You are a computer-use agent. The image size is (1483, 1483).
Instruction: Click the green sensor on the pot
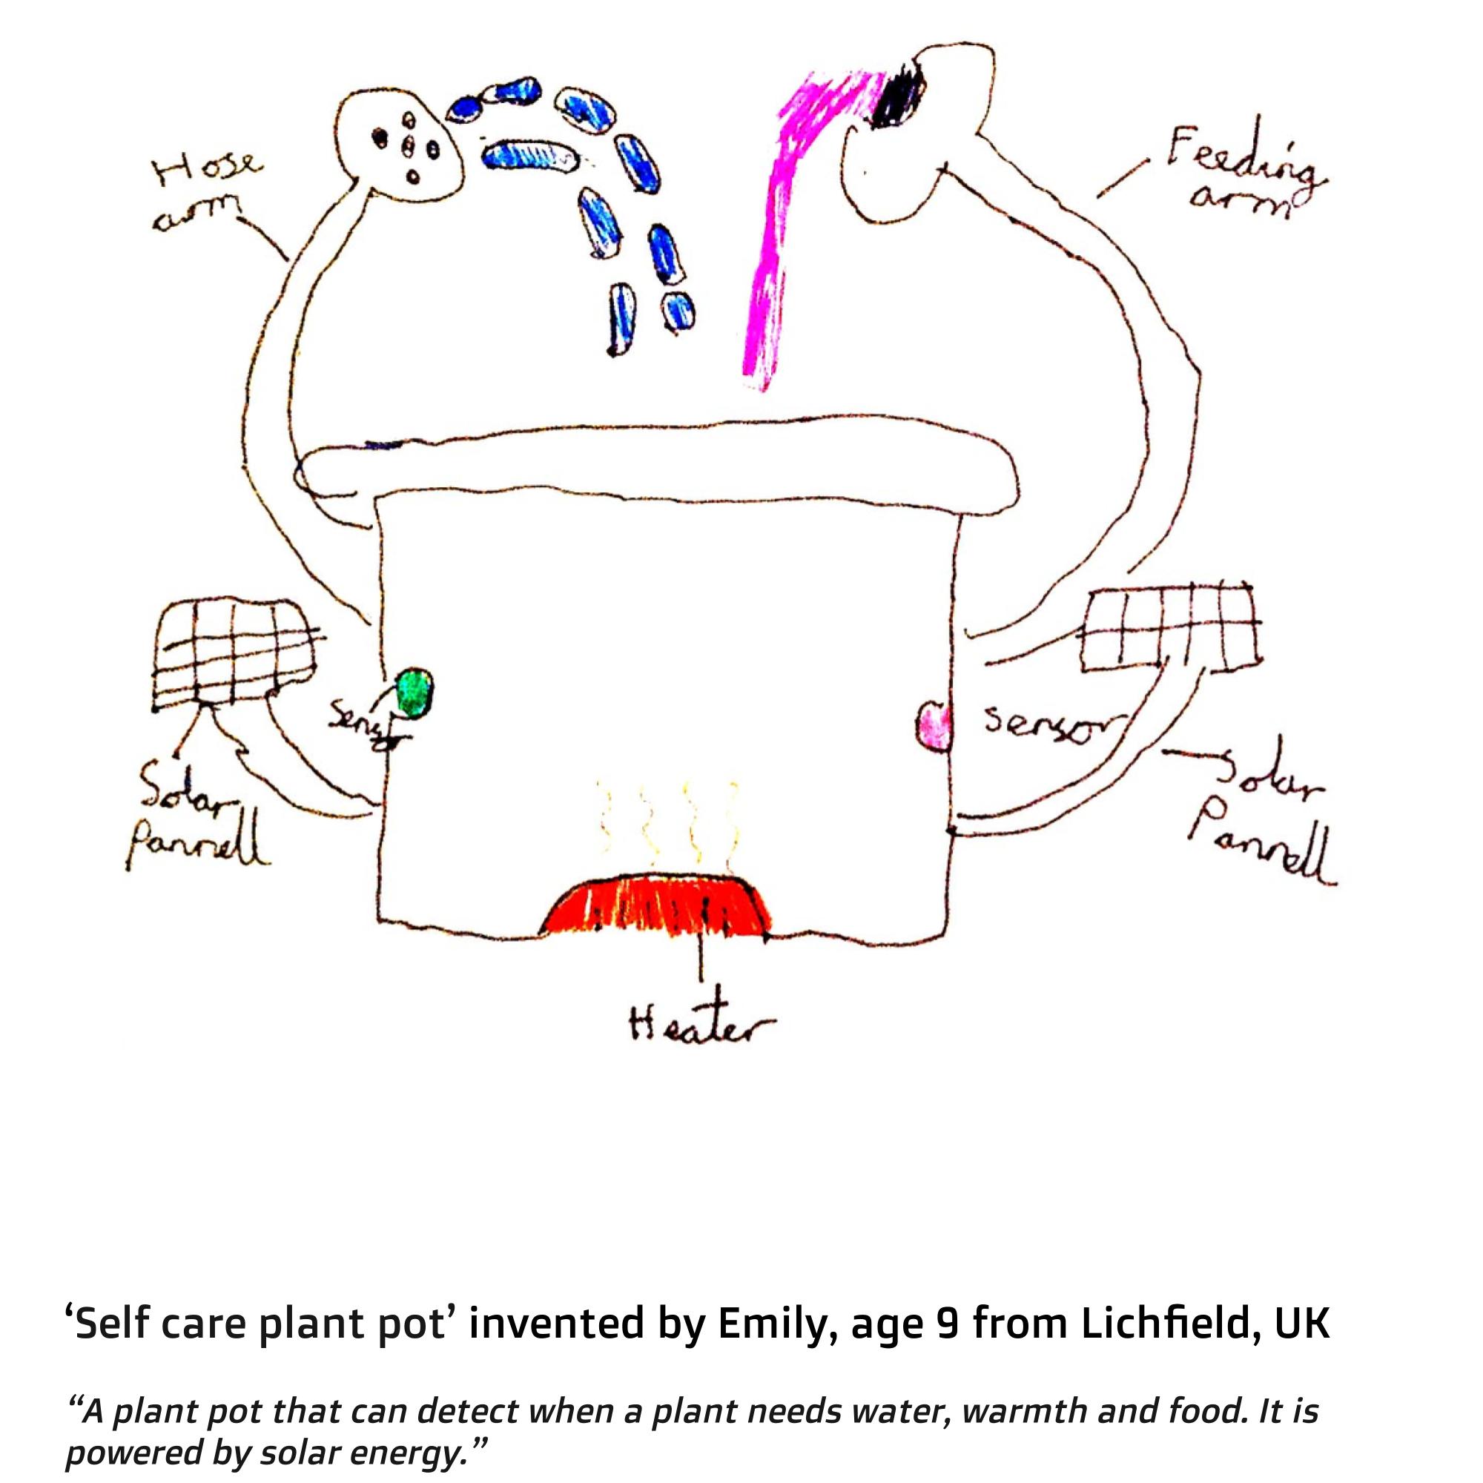[x=415, y=692]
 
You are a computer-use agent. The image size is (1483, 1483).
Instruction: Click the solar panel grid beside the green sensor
[x=234, y=653]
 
